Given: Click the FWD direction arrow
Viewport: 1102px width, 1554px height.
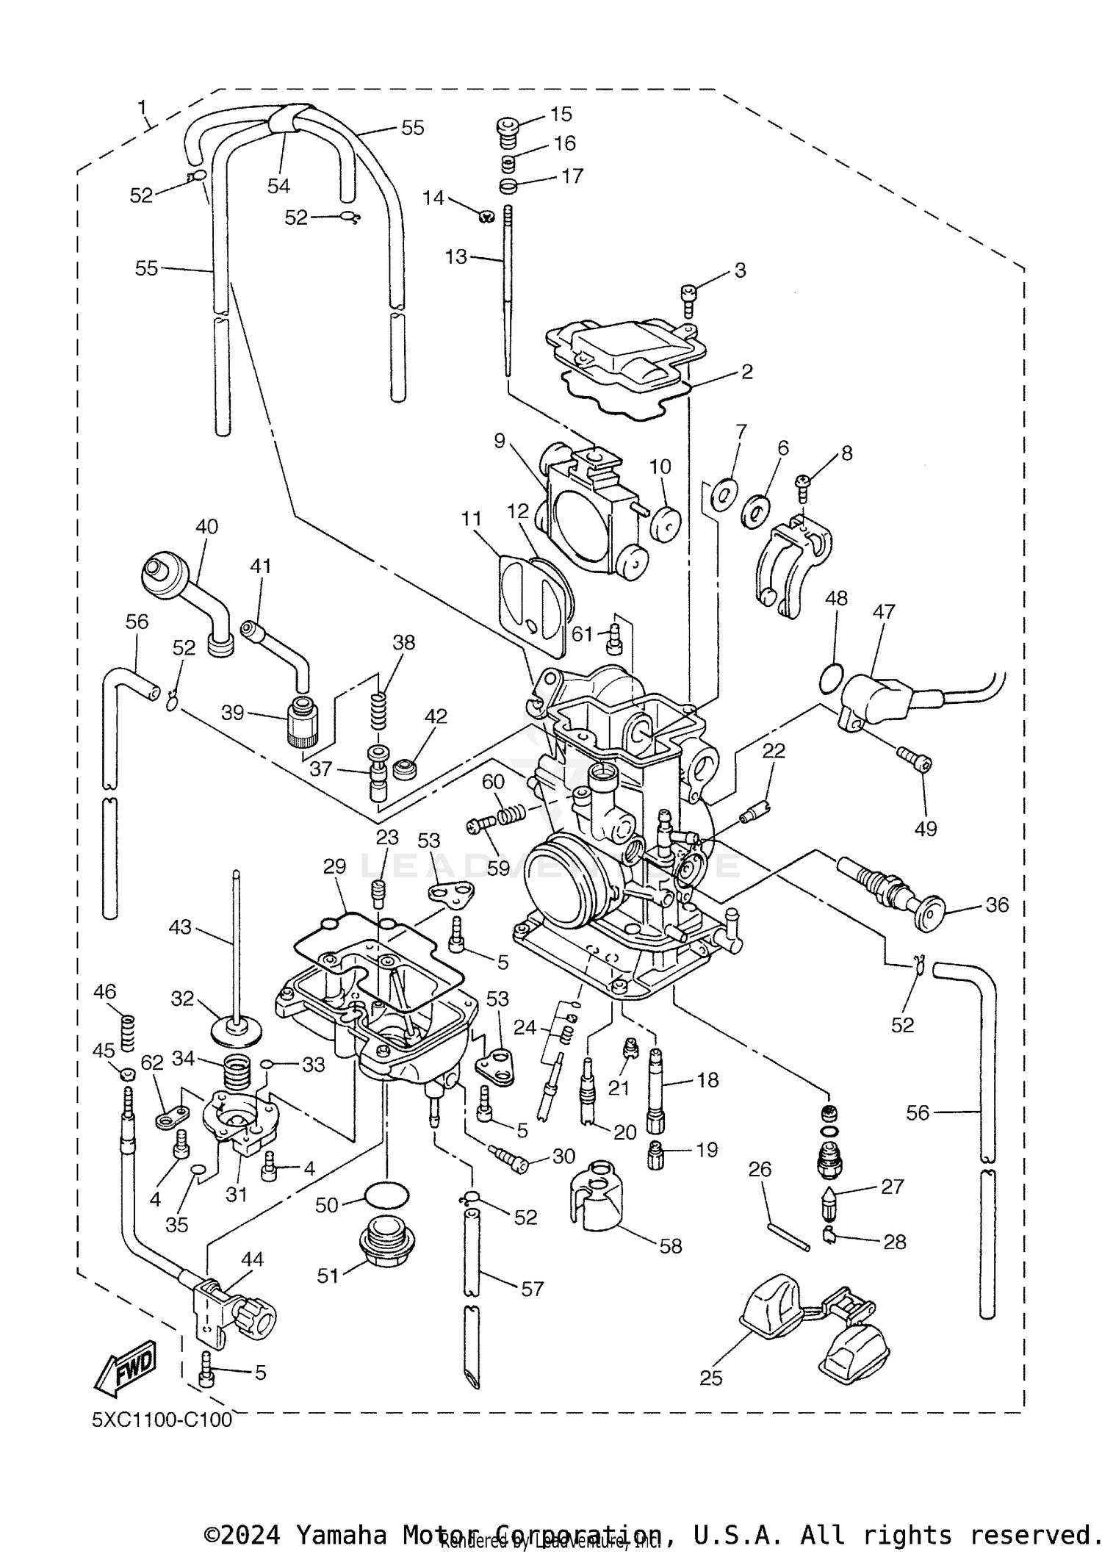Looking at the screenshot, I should click(x=125, y=1368).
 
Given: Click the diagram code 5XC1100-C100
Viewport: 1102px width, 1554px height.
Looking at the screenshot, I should click(x=162, y=1420).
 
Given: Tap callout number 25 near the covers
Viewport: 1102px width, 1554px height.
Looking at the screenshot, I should click(x=710, y=1378).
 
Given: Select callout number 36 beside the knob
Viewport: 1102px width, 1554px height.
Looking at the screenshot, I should click(x=996, y=904).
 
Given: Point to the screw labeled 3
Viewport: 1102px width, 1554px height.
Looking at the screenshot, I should click(x=688, y=301).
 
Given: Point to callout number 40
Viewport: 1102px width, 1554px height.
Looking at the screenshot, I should click(x=206, y=527).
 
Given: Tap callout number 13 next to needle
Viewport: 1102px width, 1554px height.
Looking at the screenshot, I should click(x=455, y=257).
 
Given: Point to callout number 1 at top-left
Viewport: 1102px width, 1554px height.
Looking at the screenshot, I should click(x=143, y=108).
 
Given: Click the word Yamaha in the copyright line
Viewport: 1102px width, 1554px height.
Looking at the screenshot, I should click(x=340, y=1534).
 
